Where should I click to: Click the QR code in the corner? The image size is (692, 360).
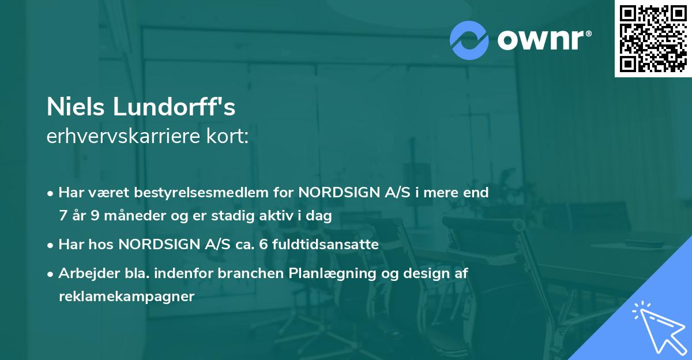(x=653, y=39)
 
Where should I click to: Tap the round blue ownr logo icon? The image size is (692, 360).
(x=469, y=40)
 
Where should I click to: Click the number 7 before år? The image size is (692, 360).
(x=63, y=216)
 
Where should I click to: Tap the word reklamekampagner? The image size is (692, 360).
(x=127, y=297)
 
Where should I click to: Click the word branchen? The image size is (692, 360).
(x=256, y=273)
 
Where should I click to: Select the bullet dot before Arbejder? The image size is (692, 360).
(x=51, y=273)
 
